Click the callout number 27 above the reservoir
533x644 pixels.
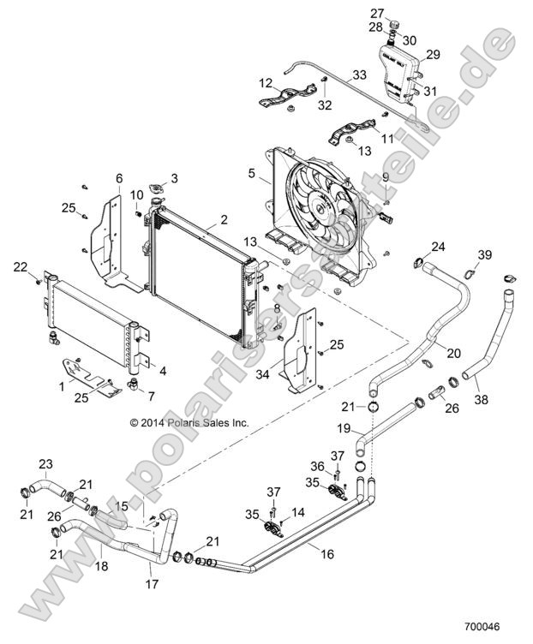pos(378,13)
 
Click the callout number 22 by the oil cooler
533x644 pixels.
pos(21,268)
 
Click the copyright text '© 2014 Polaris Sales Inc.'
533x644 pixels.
pos(189,422)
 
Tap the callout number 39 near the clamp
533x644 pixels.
pos(485,256)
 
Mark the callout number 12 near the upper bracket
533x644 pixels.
pos(266,83)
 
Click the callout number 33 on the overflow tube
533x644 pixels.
pos(359,75)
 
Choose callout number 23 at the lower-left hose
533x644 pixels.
pos(45,463)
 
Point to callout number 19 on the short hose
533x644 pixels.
pos(344,427)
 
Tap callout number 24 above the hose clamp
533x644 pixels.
pos(438,247)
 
